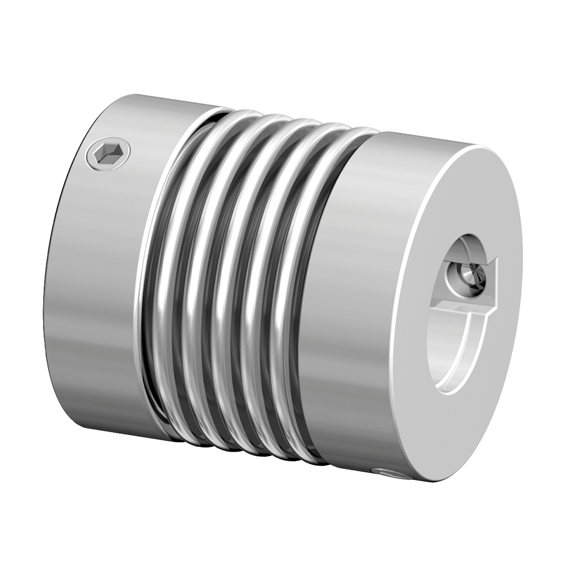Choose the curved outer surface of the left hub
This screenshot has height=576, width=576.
click(98, 288)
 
